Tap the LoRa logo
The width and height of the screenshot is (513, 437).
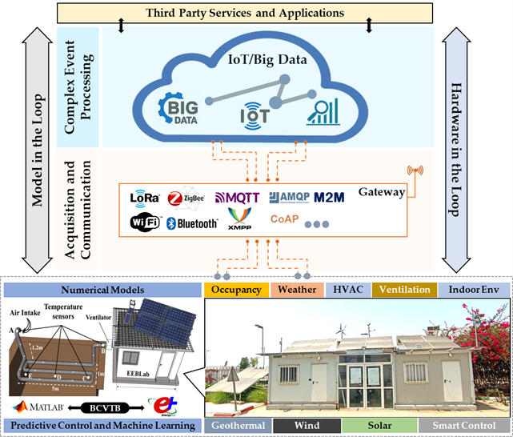click(x=146, y=197)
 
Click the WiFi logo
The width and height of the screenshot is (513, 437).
click(x=145, y=222)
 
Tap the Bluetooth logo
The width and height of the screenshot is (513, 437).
click(x=192, y=223)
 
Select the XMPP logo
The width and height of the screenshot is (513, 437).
click(x=239, y=218)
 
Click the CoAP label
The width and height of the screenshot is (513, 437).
click(x=285, y=218)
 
